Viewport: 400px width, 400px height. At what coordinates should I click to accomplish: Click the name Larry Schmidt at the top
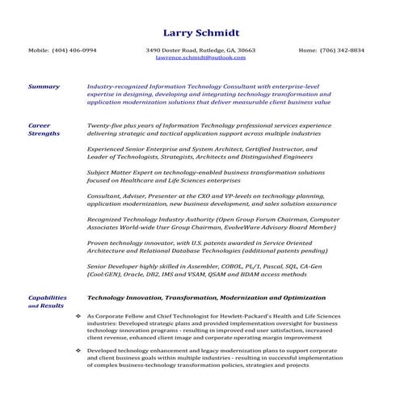coord(200,32)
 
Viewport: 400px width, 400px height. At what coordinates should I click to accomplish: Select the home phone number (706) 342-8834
coord(341,50)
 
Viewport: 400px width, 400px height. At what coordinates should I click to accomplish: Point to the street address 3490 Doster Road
coord(171,50)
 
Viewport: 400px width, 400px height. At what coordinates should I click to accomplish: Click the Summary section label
coord(44,86)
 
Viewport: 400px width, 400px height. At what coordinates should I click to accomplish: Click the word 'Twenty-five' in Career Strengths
coord(104,125)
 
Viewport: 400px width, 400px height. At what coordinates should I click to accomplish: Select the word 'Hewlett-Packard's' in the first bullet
coord(232,316)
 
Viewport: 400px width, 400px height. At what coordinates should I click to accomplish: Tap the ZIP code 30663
coord(246,50)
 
